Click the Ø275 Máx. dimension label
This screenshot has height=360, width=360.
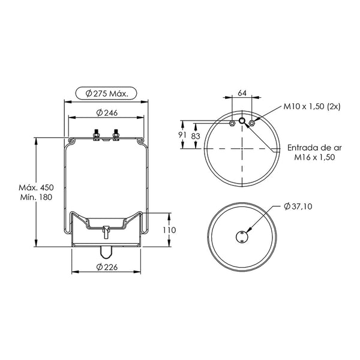tap(107, 94)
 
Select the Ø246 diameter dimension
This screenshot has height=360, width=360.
tap(107, 113)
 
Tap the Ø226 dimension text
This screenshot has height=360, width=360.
tap(107, 267)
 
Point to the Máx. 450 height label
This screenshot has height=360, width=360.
tap(36, 187)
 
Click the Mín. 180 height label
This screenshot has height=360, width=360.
tap(36, 197)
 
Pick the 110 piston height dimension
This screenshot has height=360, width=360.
tap(169, 230)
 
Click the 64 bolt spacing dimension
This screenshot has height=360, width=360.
tap(242, 93)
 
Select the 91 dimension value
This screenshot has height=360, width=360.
tap(182, 135)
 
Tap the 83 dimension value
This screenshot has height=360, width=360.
tap(196, 136)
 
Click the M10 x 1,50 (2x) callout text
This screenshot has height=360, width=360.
tap(312, 106)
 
